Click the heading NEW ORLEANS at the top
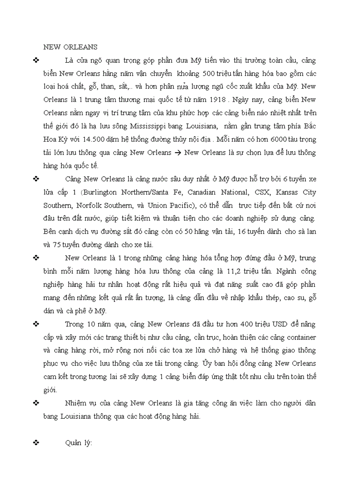point(71,47)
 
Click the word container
point(300,338)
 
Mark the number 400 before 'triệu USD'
point(247,324)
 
